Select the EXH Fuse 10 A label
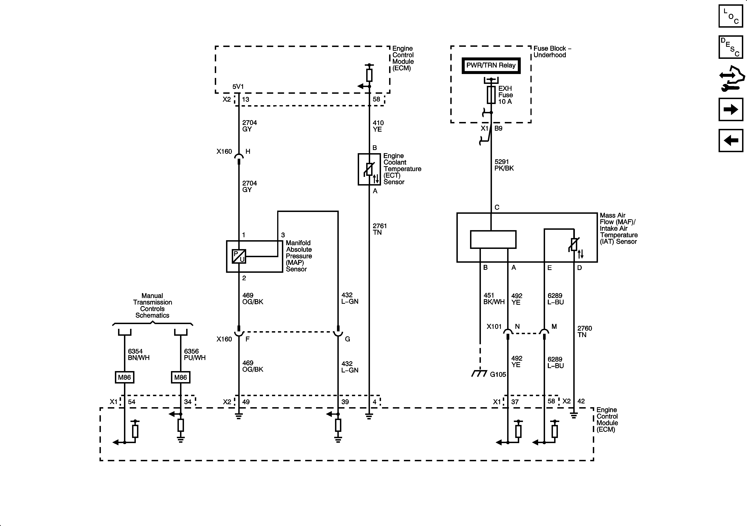click(x=505, y=95)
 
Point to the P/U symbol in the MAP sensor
click(x=239, y=256)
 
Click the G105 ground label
click(x=498, y=374)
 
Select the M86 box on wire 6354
click(x=124, y=377)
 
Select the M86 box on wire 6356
click(x=181, y=377)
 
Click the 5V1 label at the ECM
click(x=238, y=86)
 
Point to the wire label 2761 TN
click(x=379, y=229)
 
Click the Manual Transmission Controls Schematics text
click(x=152, y=306)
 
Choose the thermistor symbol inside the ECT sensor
click(x=370, y=170)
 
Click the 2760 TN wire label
click(x=584, y=331)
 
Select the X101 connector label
click(x=494, y=327)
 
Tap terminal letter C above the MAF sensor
click(x=497, y=207)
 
